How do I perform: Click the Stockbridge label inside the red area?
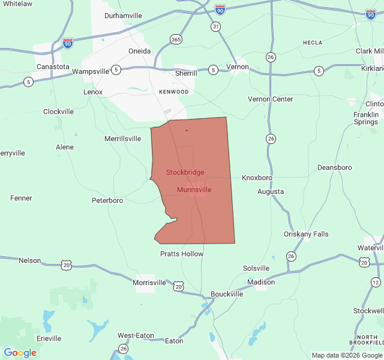coord(185,172)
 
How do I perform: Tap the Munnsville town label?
coord(194,190)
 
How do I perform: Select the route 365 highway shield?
coord(176,39)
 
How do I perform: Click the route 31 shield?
coord(215,26)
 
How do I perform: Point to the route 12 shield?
coord(376,282)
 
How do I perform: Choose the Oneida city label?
coord(139,51)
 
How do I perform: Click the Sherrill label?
coord(186,73)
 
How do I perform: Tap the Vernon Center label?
coord(271,99)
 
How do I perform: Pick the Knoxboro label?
coord(257,178)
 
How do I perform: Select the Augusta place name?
coord(271,191)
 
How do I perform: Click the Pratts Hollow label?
coord(182,254)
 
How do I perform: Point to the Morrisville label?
coord(149,282)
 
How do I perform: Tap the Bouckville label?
coord(227,294)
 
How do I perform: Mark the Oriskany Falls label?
coord(306,234)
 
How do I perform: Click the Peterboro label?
coord(107,200)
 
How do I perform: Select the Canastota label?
coord(53,67)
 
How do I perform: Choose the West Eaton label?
coord(136,335)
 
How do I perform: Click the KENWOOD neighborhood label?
coord(174,92)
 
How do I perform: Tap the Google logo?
coord(20,353)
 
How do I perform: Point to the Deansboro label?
coord(334,167)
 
